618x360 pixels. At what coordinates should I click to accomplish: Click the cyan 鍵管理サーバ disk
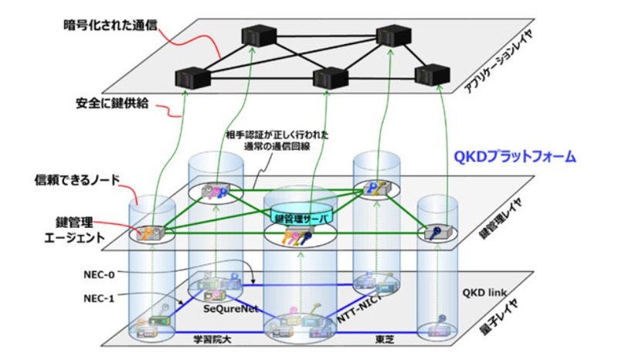click(303, 219)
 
